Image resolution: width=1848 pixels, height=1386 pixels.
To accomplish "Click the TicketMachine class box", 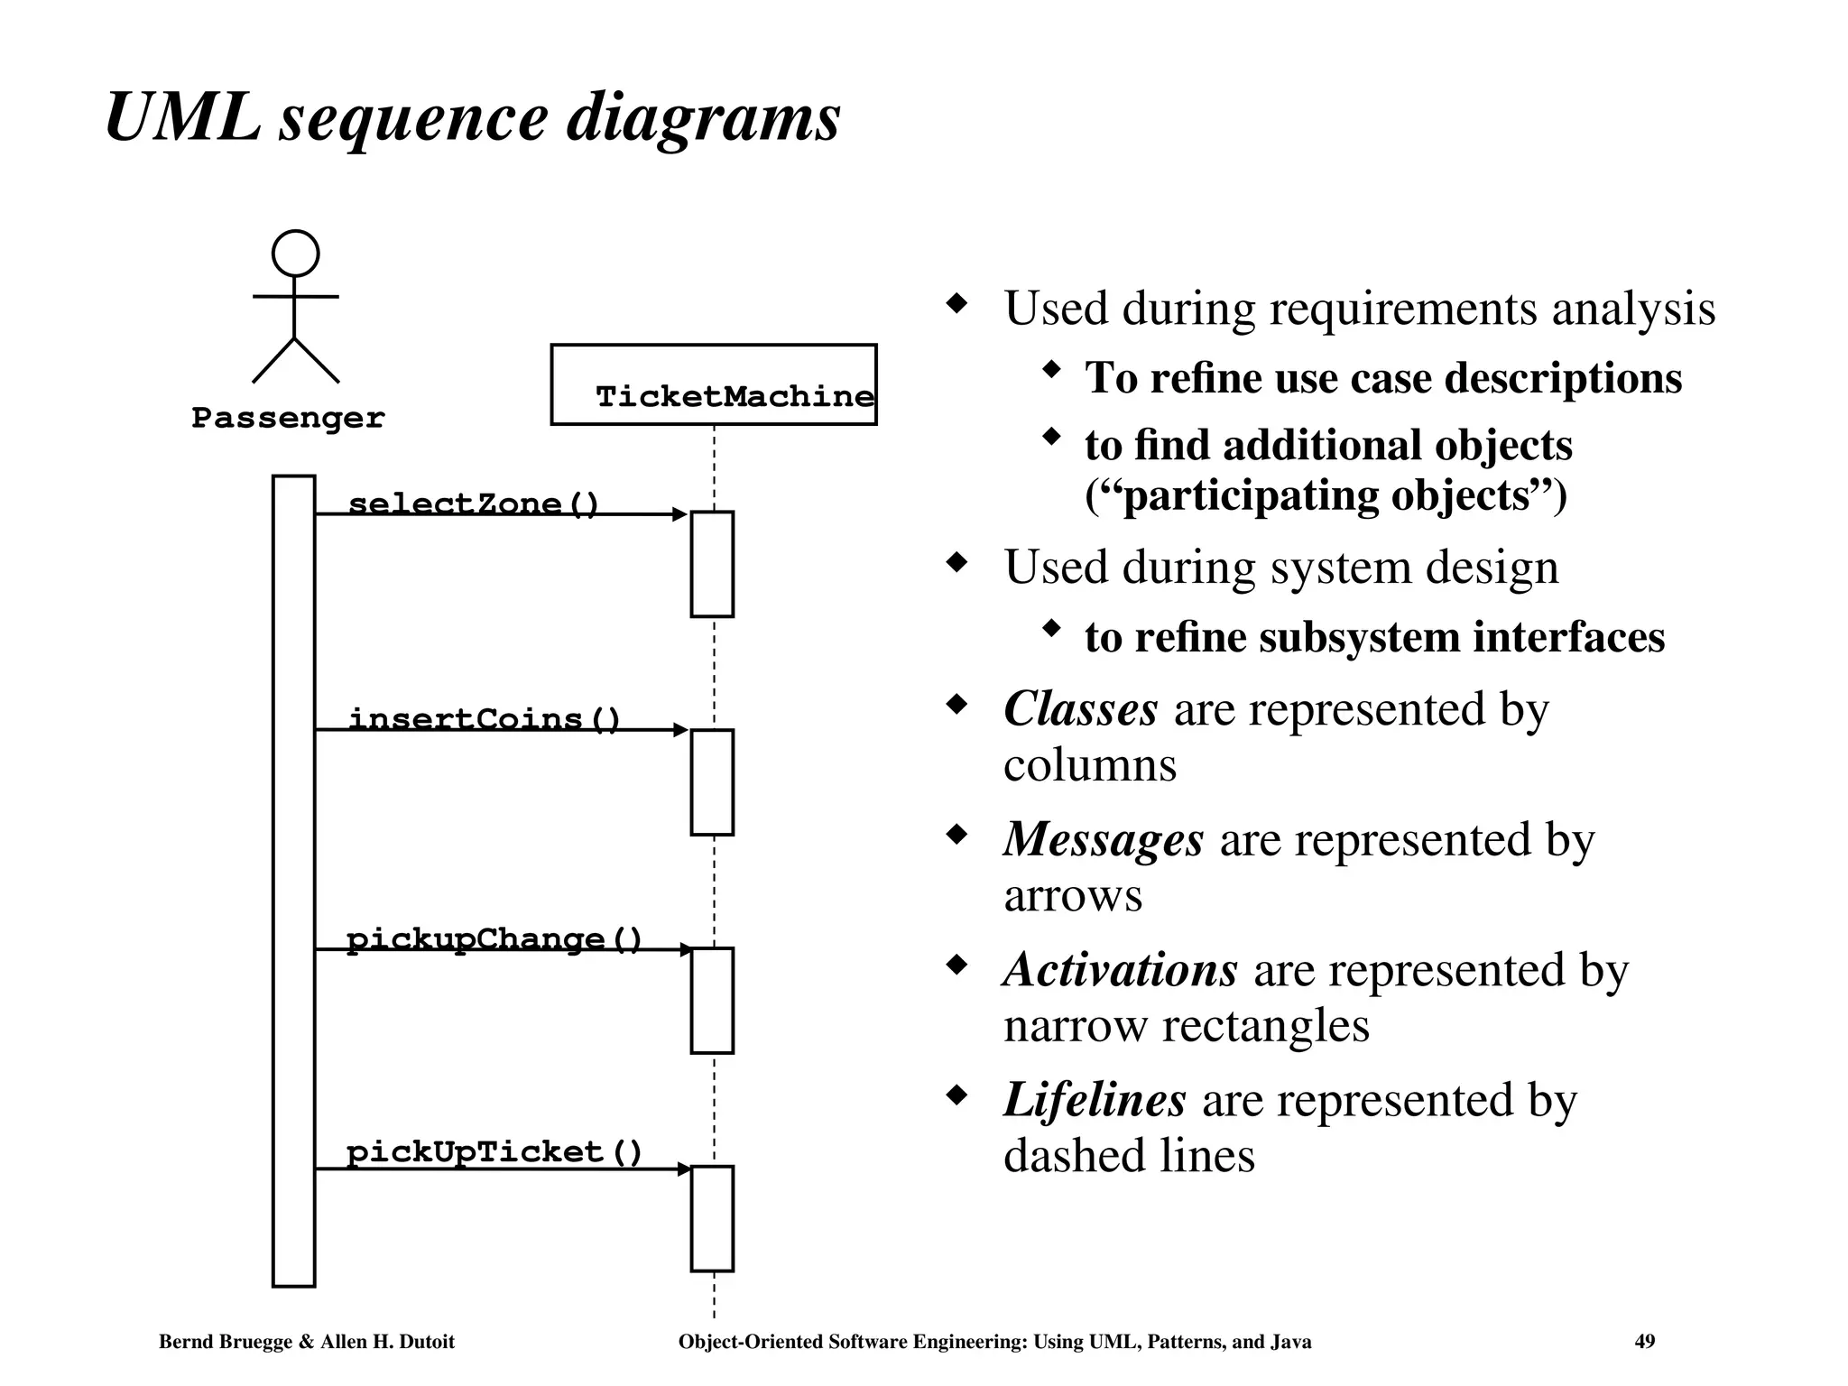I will click(x=713, y=384).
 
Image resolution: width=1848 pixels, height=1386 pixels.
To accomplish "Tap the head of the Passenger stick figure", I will click(x=295, y=254).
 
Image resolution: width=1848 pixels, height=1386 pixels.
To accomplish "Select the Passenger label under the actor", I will click(x=288, y=418).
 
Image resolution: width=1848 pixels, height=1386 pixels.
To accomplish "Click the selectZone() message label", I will click(x=473, y=503).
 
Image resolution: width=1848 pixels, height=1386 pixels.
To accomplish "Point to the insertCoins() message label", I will click(x=485, y=718).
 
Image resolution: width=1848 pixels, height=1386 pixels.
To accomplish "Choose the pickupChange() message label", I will click(x=494, y=938).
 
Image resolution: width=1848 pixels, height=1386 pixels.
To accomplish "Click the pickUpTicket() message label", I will click(x=494, y=1151).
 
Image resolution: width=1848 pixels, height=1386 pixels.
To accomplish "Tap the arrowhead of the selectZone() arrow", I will click(x=680, y=514).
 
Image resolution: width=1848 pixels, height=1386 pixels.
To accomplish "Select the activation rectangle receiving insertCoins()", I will click(x=712, y=781).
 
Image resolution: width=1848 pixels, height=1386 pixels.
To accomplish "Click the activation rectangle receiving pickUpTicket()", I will click(x=712, y=1218).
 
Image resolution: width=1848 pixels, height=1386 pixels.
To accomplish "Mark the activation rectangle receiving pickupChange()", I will click(x=712, y=1000).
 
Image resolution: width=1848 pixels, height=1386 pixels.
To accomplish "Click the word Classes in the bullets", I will click(x=1080, y=708).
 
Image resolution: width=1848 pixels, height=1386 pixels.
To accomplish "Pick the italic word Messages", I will click(x=1103, y=839).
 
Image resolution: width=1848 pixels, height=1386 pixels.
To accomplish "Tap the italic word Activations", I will click(x=1120, y=970).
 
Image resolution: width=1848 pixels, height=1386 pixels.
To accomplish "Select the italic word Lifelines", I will click(x=1094, y=1100).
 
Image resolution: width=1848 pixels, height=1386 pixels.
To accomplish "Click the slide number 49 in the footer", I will click(x=1644, y=1342).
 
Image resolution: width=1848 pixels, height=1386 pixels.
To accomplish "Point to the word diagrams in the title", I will click(x=703, y=119).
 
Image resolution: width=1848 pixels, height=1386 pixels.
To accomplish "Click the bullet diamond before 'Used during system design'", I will click(x=956, y=564).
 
